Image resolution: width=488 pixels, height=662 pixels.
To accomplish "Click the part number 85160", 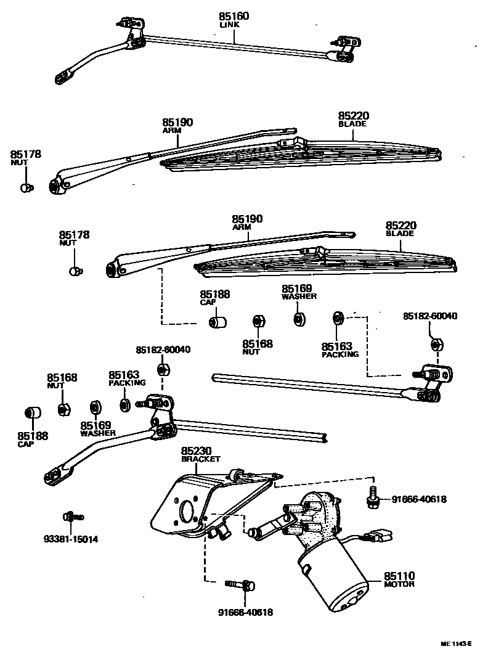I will [x=234, y=16].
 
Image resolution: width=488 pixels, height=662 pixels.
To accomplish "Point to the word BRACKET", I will [x=200, y=460].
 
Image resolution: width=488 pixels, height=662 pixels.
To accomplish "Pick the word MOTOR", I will [x=399, y=584].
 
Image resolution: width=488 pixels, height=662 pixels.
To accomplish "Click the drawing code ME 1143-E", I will [x=455, y=643].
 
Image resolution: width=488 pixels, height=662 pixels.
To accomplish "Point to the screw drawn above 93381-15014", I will [x=73, y=517].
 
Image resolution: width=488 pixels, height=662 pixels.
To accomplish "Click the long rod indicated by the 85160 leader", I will [x=234, y=47].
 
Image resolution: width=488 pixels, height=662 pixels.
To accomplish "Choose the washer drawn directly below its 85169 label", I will [x=299, y=319].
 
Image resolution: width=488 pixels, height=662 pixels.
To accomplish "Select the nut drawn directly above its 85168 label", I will [x=259, y=322].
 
